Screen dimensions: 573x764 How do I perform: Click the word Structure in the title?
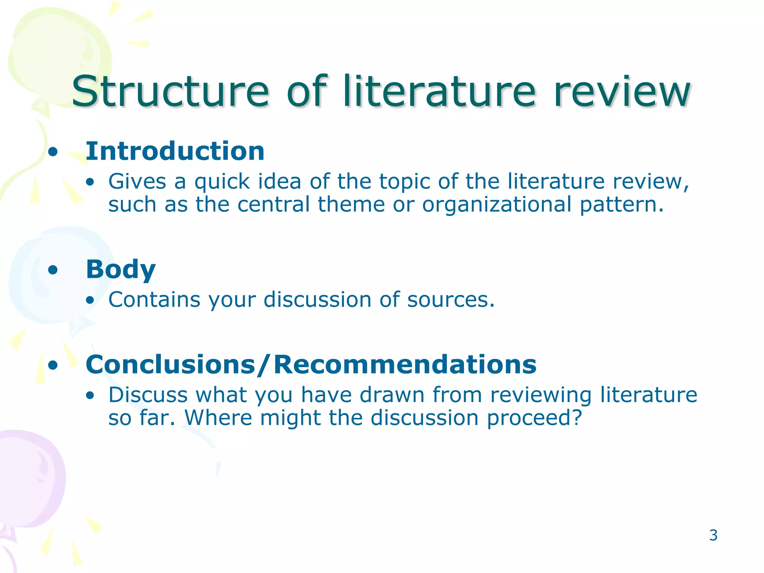(x=170, y=91)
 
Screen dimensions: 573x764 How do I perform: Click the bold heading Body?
(x=120, y=269)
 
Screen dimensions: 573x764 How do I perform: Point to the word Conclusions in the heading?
(x=170, y=364)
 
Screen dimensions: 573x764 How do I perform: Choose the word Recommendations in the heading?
(x=405, y=364)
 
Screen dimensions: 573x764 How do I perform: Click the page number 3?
(x=713, y=535)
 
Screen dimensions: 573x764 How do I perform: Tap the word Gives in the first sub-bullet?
(x=137, y=182)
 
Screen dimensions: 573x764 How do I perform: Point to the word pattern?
(x=621, y=205)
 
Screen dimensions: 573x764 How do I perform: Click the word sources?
(x=451, y=300)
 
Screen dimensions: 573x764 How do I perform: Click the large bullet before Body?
(x=53, y=270)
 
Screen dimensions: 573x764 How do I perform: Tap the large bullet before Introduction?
(x=53, y=152)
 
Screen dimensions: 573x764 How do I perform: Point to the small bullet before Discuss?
(x=90, y=396)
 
